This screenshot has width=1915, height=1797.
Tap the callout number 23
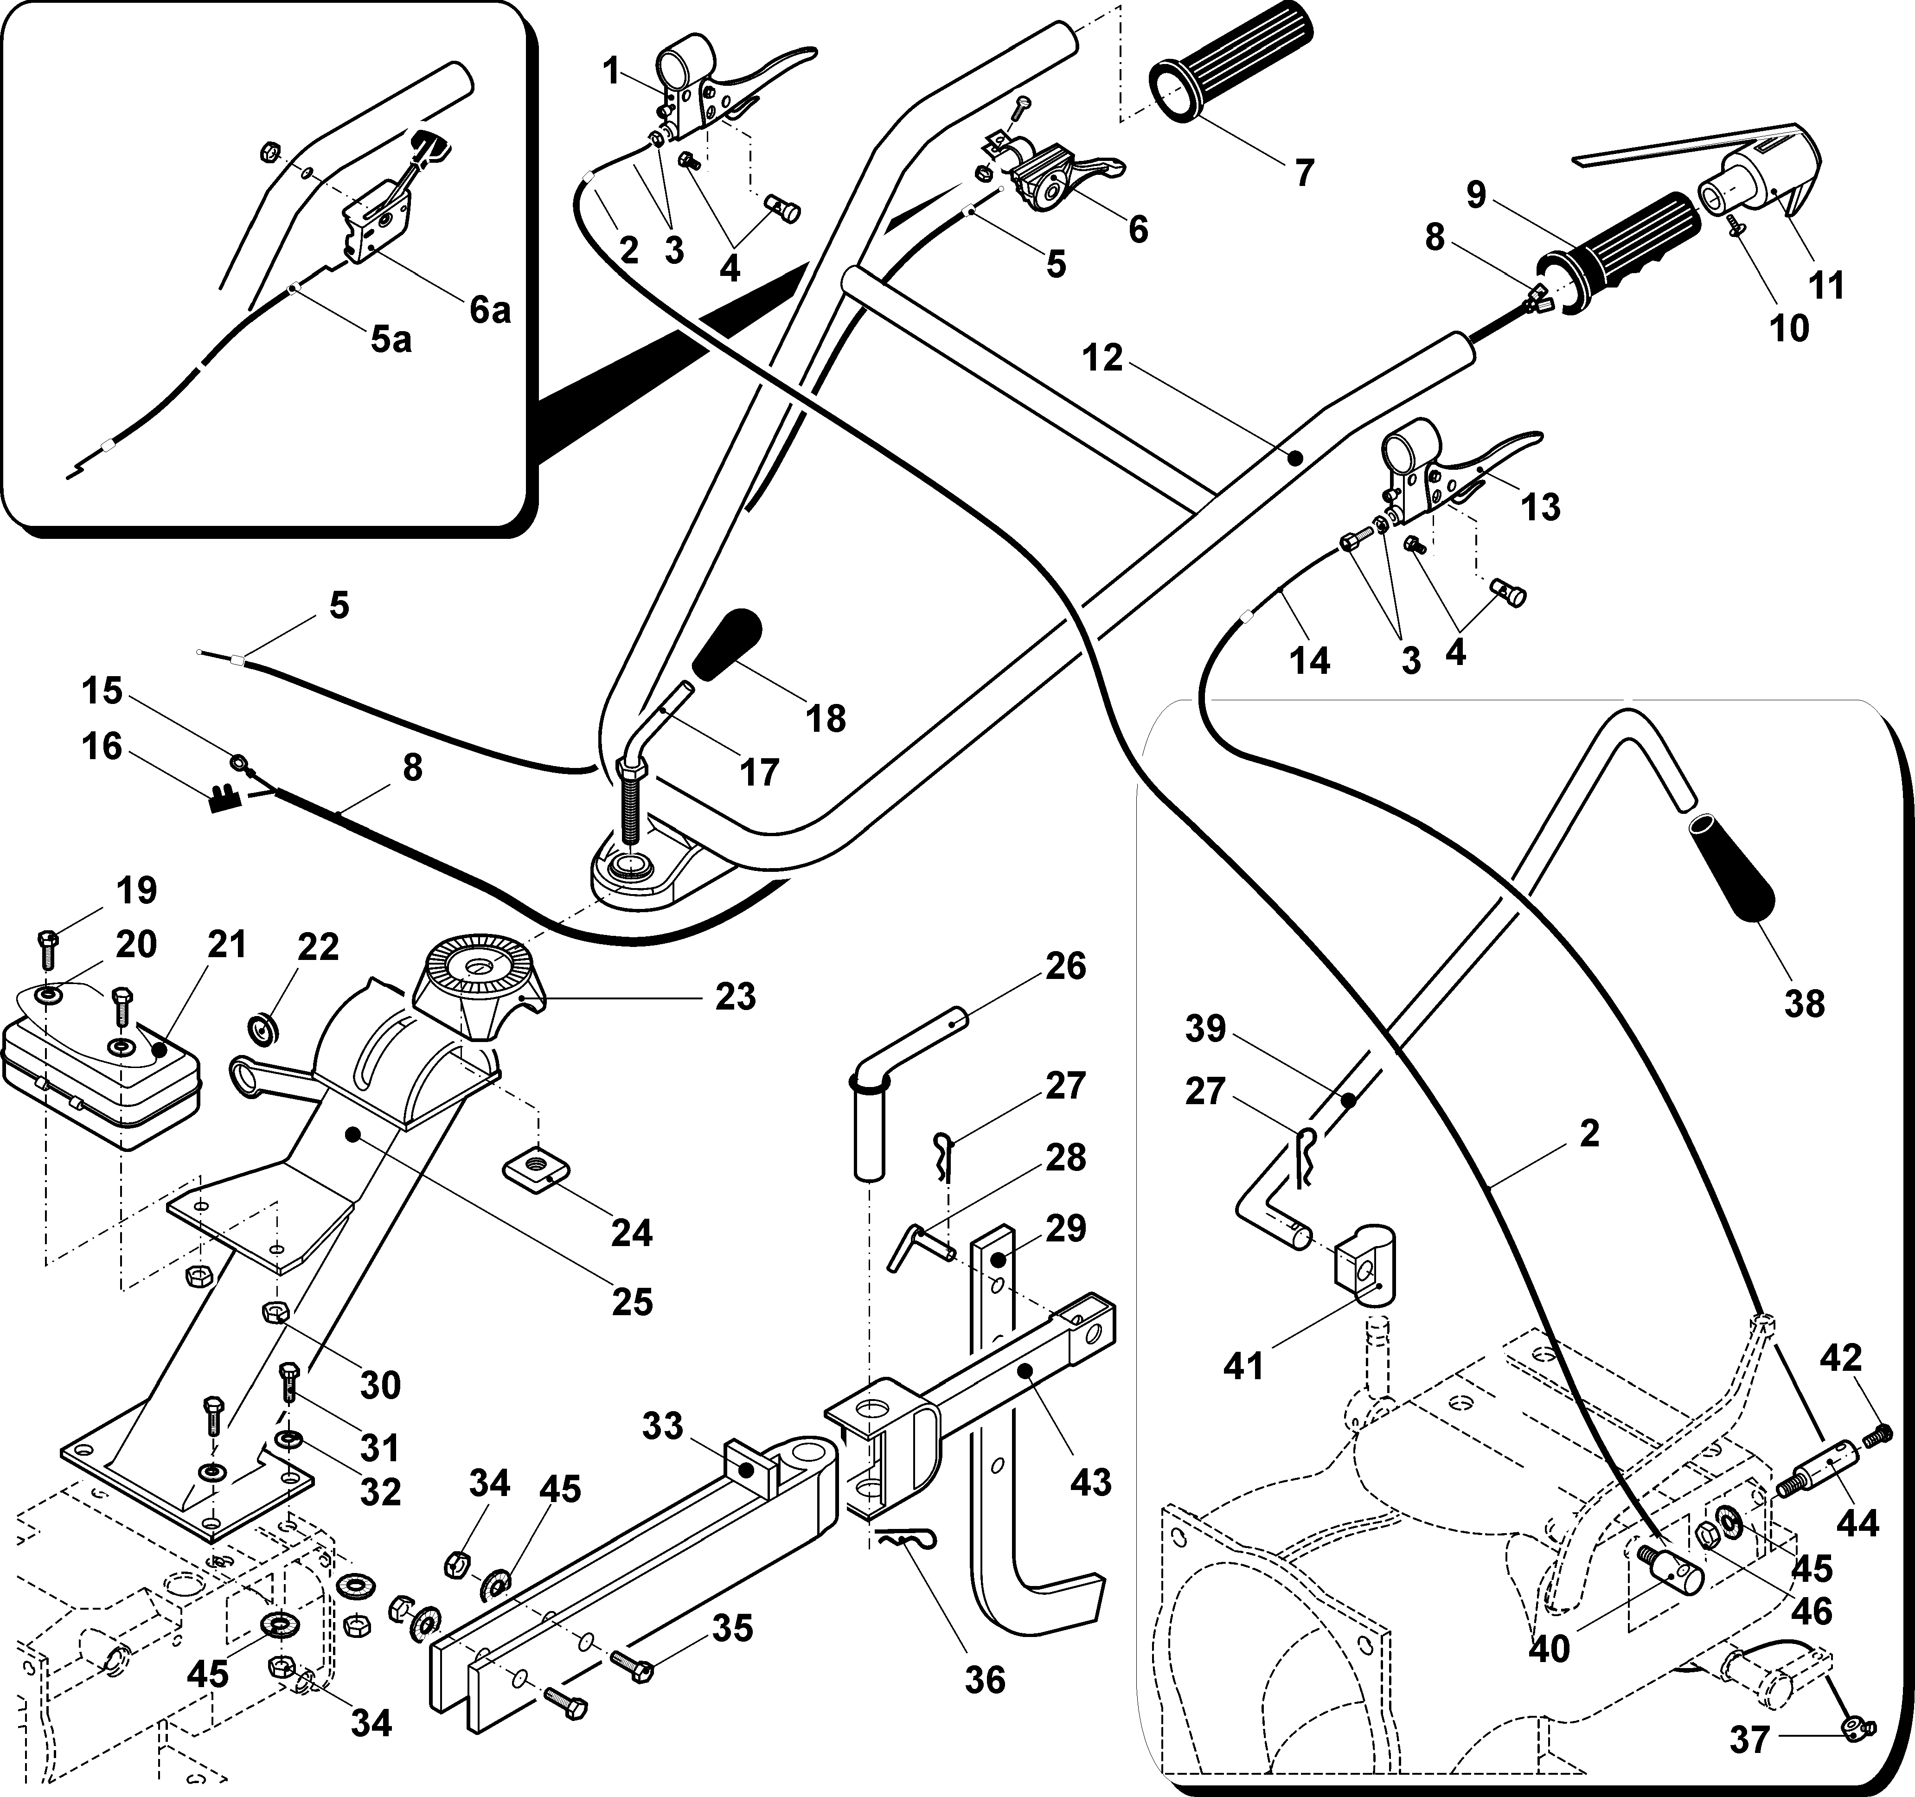point(735,997)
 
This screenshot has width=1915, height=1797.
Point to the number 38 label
point(1803,1004)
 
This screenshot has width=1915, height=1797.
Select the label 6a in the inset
point(489,310)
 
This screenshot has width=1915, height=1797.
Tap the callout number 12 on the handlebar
point(1103,358)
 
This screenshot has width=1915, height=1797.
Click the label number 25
point(632,1302)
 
